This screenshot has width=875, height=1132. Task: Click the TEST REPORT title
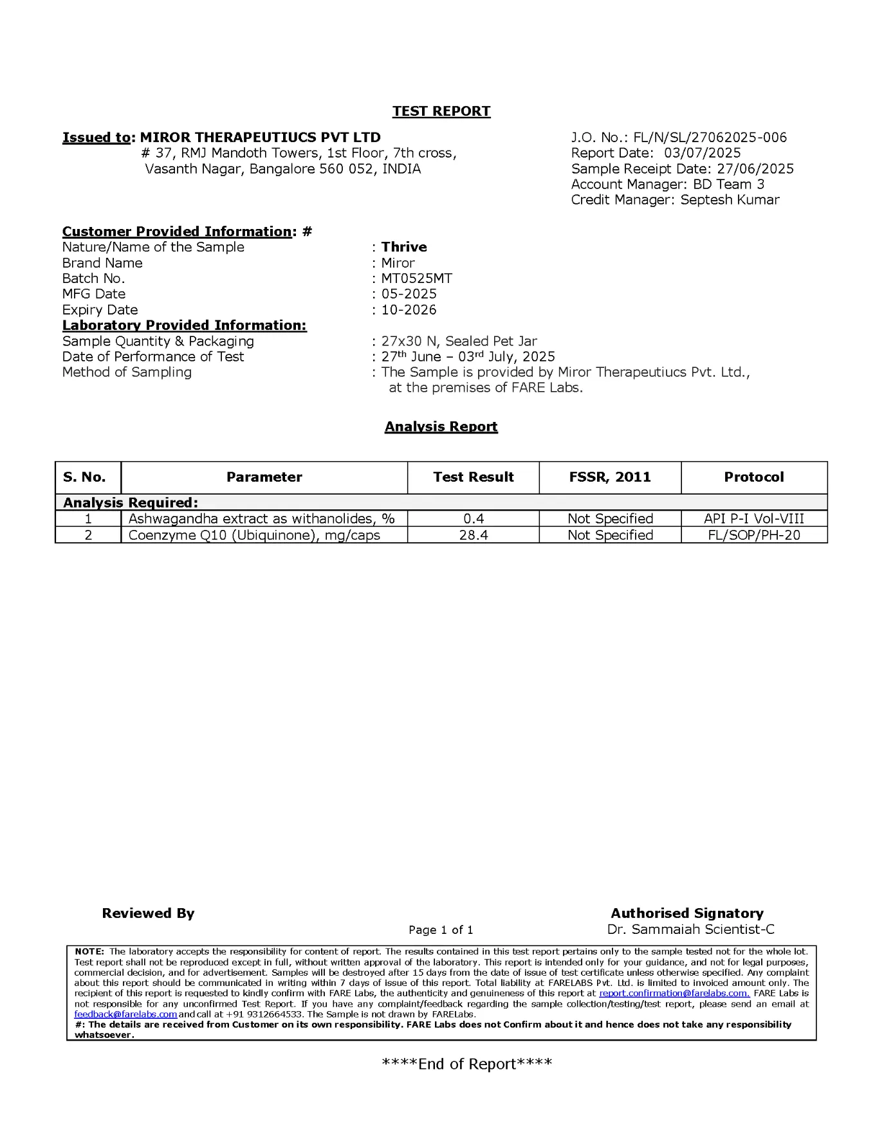[x=441, y=111]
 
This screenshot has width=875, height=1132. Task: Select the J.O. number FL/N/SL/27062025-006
[x=710, y=138]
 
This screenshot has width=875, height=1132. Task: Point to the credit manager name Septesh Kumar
[x=730, y=200]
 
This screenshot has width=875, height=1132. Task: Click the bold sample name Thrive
[x=404, y=247]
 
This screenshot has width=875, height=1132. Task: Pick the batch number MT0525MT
[x=416, y=278]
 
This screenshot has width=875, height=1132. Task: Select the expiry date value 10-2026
[x=409, y=310]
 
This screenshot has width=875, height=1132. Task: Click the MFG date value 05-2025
[x=409, y=294]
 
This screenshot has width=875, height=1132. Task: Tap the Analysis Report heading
[x=441, y=427]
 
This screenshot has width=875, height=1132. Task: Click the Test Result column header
[x=474, y=477]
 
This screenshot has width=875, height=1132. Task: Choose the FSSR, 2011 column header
[x=610, y=477]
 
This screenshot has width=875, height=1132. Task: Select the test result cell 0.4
[x=474, y=519]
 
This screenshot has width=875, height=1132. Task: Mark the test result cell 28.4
[x=474, y=535]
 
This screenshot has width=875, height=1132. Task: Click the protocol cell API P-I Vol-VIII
[x=754, y=519]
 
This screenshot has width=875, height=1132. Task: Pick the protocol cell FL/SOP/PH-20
[x=754, y=535]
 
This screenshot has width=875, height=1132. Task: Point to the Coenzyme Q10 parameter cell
[x=254, y=535]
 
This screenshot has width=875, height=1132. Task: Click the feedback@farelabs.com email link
[x=125, y=1014]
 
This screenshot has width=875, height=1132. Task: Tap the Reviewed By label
[x=148, y=913]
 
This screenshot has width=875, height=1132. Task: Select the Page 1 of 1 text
[x=441, y=930]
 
